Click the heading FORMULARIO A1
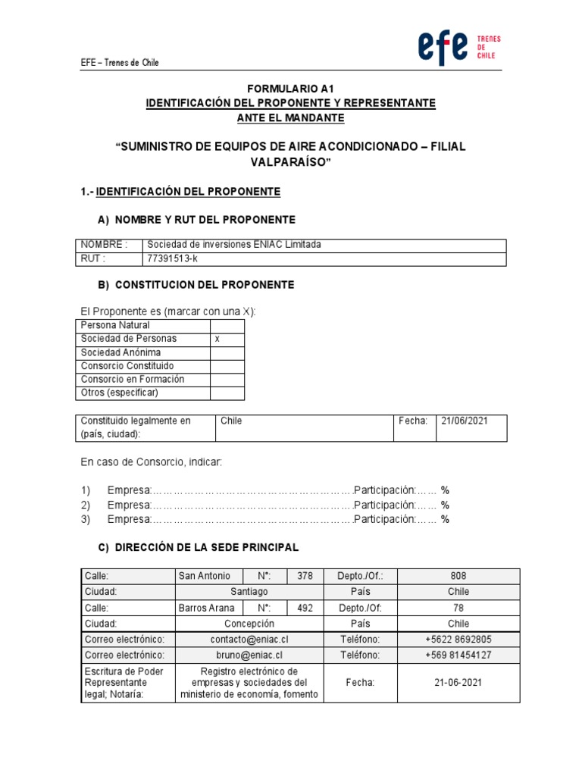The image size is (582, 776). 290,89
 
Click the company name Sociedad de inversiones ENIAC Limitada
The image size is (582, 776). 234,245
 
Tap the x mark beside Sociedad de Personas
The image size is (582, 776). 217,339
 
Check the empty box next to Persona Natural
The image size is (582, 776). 227,325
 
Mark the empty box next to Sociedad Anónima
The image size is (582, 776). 227,352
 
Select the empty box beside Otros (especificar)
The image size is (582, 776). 227,393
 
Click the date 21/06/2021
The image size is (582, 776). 465,421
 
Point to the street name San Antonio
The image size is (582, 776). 203,576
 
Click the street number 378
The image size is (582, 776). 305,576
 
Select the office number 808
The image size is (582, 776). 458,576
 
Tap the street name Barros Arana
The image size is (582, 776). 206,608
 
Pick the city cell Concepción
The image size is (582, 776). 249,624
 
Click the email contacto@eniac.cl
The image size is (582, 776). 249,640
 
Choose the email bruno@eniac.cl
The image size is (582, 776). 249,656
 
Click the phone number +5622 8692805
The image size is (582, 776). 458,640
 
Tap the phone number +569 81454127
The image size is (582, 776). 458,656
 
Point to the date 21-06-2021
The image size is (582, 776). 458,683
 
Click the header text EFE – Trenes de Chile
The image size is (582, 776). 120,63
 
